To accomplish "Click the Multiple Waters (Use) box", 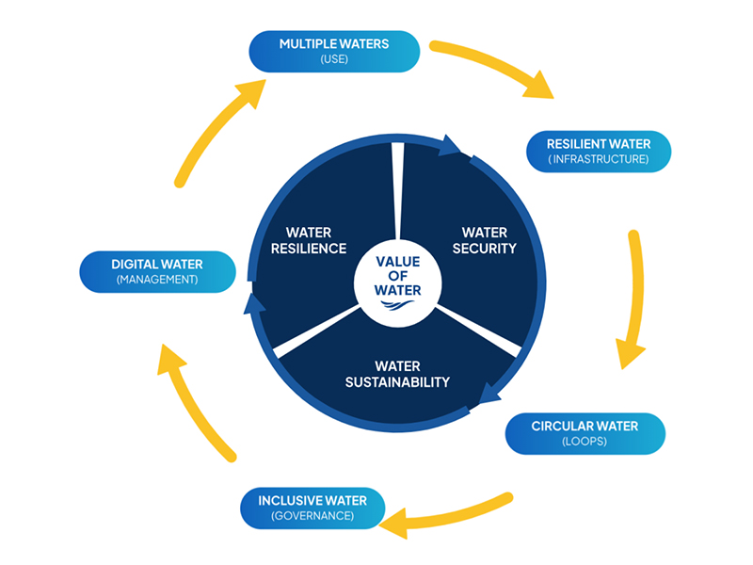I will (334, 51).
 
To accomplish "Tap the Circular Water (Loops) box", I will (585, 433).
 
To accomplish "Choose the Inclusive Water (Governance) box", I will (312, 507).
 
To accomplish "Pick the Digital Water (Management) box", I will (157, 271).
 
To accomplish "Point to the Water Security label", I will (485, 240).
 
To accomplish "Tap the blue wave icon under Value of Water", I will (398, 305).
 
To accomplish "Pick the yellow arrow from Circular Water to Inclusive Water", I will (452, 514).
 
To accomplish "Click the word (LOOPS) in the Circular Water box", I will (585, 442).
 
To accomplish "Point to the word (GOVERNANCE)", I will (312, 516).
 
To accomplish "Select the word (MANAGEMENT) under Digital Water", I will (157, 280).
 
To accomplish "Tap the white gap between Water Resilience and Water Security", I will (398, 188).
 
